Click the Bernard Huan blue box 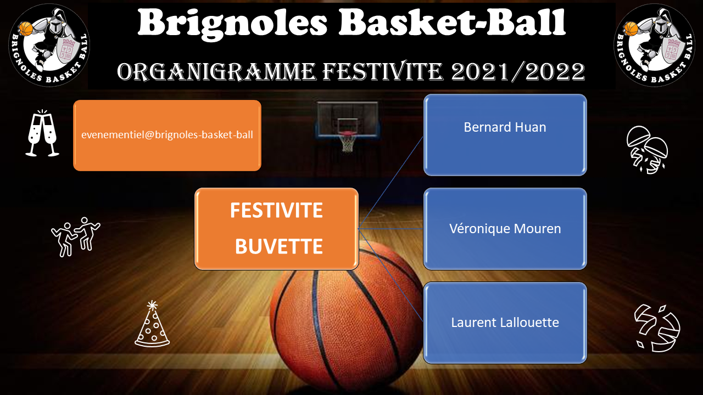(505, 135)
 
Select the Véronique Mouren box (505, 229)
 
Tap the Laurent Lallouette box (505, 323)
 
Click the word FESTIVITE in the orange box (276, 210)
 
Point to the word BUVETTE (278, 246)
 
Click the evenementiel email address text (167, 135)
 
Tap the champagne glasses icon (42, 133)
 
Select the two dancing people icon (76, 236)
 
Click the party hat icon (152, 324)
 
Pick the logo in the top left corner (49, 45)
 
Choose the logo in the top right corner (654, 45)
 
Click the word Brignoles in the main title (232, 24)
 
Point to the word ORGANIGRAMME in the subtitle (216, 71)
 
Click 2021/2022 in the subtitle (518, 71)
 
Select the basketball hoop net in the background (347, 143)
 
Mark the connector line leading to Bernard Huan (390, 183)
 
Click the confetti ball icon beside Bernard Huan (647, 150)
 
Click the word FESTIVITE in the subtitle (383, 71)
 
